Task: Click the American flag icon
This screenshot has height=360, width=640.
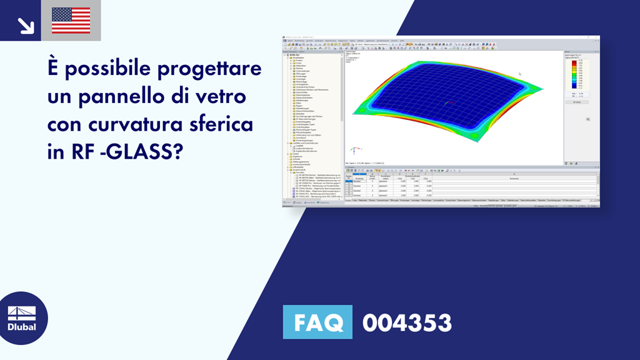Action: [71, 20]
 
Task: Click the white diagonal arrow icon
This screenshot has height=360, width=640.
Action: [26, 24]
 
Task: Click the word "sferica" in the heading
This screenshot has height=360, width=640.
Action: [222, 124]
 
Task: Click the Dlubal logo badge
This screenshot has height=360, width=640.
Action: [22, 318]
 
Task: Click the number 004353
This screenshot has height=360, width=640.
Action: [407, 322]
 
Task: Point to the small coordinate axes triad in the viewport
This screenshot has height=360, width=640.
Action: [354, 151]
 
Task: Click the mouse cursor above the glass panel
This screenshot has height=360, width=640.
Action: [519, 74]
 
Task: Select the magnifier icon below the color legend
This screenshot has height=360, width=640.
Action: [587, 119]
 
